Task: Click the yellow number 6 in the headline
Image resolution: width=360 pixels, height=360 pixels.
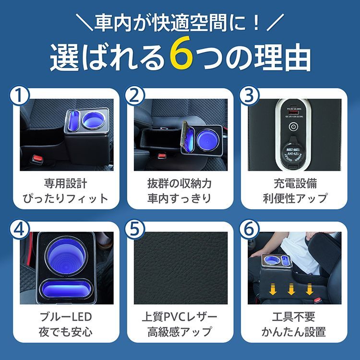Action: [x=181, y=57]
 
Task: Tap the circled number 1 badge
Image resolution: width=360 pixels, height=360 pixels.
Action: [x=19, y=96]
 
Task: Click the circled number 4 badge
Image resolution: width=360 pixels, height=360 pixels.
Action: [x=19, y=229]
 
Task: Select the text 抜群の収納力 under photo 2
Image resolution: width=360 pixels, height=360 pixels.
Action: [x=180, y=184]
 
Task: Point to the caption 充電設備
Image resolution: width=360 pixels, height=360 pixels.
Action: [x=294, y=184]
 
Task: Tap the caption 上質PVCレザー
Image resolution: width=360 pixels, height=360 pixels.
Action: [x=180, y=317]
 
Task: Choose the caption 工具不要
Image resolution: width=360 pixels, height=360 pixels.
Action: [x=294, y=317]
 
